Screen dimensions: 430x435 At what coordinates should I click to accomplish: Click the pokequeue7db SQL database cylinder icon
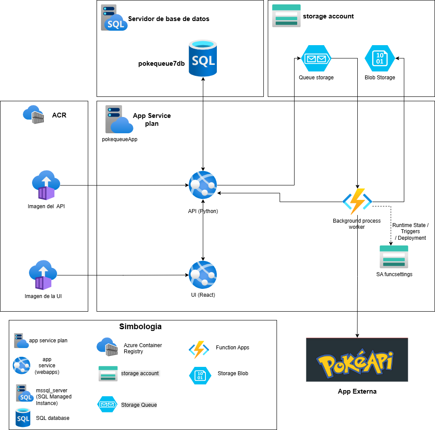[203, 58]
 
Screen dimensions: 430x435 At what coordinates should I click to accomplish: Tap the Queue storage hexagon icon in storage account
[316, 59]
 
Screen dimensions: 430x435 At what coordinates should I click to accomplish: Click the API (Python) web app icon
[203, 185]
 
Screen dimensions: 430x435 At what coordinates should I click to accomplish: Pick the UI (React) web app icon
[203, 275]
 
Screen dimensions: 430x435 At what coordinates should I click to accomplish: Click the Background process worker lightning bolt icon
[357, 201]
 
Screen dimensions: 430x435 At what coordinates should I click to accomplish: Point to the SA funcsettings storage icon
[394, 257]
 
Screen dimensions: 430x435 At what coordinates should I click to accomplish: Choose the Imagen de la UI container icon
[43, 276]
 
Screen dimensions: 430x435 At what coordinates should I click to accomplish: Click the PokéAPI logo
[357, 360]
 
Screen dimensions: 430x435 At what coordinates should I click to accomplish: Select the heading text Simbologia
[140, 327]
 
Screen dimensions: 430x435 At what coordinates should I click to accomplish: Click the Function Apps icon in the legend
[199, 349]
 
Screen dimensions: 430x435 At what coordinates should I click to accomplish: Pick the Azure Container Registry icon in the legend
[108, 347]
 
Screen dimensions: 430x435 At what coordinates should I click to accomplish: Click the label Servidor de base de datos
[169, 19]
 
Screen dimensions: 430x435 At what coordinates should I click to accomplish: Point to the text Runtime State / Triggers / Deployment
[410, 231]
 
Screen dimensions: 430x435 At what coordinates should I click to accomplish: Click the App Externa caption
[357, 391]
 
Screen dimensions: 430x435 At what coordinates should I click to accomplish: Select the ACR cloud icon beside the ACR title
[34, 114]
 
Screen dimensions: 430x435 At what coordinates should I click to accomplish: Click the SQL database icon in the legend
[23, 417]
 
